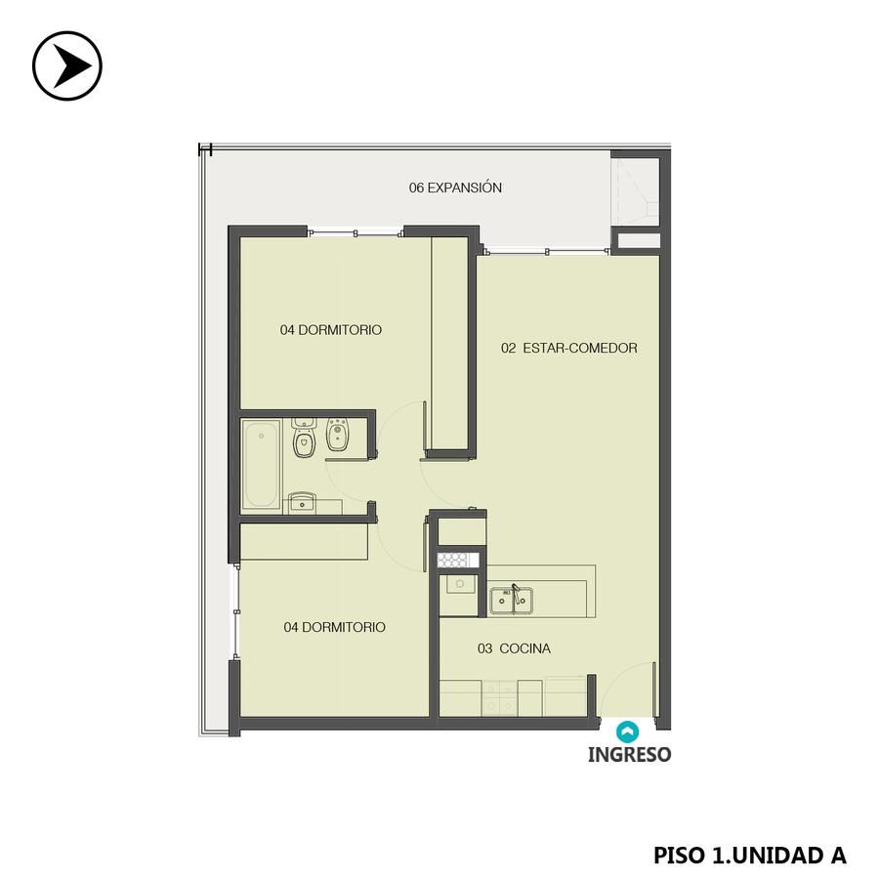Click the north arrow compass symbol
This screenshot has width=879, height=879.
coord(67,65)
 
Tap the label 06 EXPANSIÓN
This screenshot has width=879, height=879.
coord(455,188)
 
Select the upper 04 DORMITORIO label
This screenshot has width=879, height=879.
coord(331,330)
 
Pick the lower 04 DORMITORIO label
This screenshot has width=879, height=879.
coord(335,627)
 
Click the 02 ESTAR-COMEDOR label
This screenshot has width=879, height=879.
coord(569,348)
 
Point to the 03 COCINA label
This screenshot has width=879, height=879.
coord(514,649)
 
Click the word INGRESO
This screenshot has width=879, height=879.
coord(629,755)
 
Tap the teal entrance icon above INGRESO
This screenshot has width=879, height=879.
coord(627,732)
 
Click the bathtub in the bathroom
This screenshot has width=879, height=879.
coord(261,465)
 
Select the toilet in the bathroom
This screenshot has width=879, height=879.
coord(304,439)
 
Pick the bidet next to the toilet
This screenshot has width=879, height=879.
coord(338,435)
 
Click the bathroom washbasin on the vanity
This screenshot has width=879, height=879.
coord(302,503)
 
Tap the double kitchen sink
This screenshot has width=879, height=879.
coord(511,601)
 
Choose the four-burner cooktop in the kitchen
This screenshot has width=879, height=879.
coord(499,698)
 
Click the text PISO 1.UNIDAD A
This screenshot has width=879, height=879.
coord(750,855)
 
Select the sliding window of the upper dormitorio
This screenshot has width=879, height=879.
coord(356,232)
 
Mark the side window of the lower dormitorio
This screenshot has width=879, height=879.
coord(236,611)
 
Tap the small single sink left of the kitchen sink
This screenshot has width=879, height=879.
coord(460,585)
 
